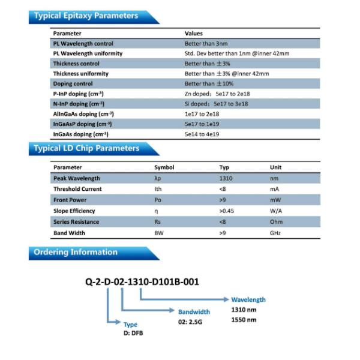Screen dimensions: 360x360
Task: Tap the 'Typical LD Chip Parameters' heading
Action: (x=87, y=148)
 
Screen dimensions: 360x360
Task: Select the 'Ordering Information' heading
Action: (x=76, y=252)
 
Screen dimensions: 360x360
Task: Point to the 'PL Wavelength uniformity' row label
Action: (x=88, y=53)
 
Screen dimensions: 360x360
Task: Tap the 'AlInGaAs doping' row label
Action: (x=83, y=113)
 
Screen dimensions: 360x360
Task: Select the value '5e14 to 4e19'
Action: (x=202, y=134)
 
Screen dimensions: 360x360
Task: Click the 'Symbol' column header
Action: (x=164, y=167)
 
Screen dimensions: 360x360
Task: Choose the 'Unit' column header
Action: (x=275, y=167)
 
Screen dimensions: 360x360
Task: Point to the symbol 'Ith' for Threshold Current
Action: (x=158, y=189)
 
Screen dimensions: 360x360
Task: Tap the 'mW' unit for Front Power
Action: (x=275, y=200)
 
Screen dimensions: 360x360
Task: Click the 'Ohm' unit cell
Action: (x=275, y=222)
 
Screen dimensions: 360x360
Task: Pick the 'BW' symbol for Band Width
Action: (x=158, y=233)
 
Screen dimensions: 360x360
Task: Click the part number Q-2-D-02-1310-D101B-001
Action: (x=142, y=282)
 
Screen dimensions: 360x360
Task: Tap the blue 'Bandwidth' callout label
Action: (x=194, y=312)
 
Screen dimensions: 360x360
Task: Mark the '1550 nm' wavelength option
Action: (x=244, y=320)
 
